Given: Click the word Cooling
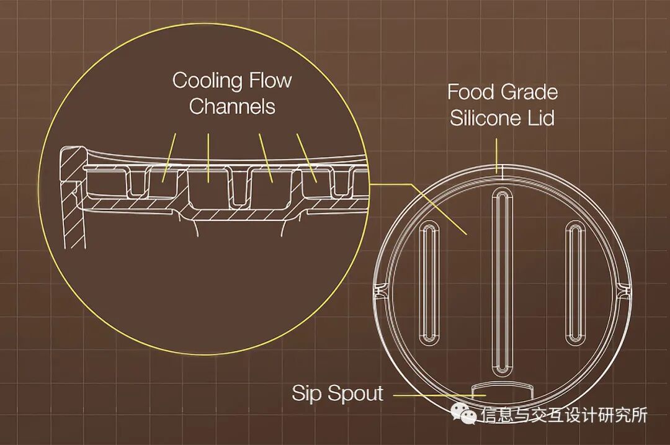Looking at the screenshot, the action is [x=207, y=81].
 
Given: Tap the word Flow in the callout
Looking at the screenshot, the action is [x=270, y=81].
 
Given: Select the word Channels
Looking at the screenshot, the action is [x=232, y=107].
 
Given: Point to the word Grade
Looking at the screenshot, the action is [x=529, y=92].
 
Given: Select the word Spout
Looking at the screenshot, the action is [x=355, y=393].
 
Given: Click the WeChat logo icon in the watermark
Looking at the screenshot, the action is [x=463, y=414].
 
